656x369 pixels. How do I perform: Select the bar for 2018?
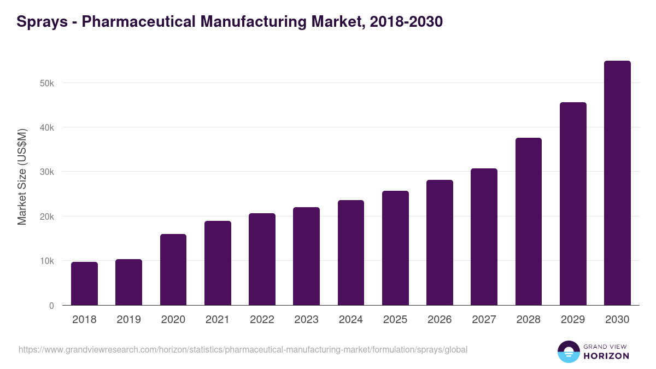[x=84, y=284]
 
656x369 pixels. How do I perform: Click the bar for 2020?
[x=173, y=270]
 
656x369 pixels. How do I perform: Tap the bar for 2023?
[x=306, y=256]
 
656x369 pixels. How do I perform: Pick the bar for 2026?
[x=440, y=243]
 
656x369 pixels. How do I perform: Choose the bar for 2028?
[x=529, y=221]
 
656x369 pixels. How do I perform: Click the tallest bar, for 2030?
[x=617, y=183]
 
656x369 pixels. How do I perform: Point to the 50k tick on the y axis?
[x=46, y=83]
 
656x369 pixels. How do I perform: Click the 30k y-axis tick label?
[x=46, y=172]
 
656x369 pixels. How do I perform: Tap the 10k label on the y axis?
[x=46, y=261]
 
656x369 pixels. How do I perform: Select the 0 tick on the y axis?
[x=51, y=306]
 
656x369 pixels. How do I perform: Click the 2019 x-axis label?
[x=128, y=320]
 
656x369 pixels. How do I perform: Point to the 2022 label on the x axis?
[x=262, y=320]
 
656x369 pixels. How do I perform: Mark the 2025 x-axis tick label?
[x=395, y=320]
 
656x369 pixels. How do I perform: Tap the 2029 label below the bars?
[x=573, y=320]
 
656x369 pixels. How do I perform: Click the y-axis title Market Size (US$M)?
[x=22, y=177]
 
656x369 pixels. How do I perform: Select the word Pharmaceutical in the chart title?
[x=138, y=22]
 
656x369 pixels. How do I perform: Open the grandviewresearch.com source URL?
[x=243, y=349]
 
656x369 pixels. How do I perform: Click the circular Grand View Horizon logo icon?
[x=569, y=352]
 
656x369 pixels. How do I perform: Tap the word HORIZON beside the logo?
[x=606, y=356]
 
